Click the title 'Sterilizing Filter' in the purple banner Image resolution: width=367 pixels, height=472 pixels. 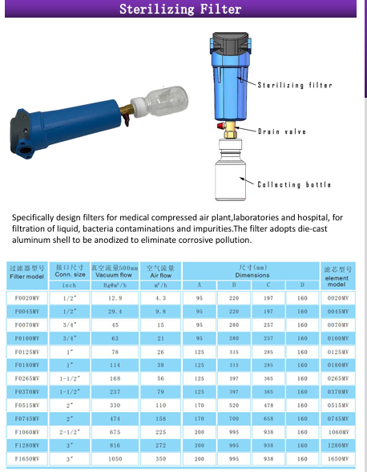(180, 9)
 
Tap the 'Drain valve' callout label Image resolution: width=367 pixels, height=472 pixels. (282, 131)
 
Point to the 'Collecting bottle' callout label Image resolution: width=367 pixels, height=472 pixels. (294, 184)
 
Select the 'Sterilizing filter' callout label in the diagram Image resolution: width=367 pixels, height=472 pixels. (295, 85)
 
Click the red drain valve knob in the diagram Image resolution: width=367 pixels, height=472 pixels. (221, 125)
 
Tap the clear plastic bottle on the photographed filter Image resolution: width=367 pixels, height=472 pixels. (165, 101)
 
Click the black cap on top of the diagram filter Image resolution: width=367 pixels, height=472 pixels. (230, 42)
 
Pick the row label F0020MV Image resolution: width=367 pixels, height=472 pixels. (27, 298)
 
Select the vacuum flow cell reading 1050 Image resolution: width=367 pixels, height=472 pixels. (115, 458)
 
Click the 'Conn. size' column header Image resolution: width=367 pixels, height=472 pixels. (70, 275)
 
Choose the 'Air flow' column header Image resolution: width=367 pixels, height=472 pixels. (161, 275)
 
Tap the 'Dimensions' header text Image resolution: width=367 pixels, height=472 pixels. (252, 275)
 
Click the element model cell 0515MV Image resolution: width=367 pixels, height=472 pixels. (338, 405)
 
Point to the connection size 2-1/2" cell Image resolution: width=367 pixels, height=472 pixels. (70, 432)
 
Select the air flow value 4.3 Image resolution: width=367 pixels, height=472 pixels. (161, 298)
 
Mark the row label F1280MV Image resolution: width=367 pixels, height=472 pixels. (27, 446)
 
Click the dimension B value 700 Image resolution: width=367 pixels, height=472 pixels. (234, 418)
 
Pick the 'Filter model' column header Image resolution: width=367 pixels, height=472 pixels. (26, 276)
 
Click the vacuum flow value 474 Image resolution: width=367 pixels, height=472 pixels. (115, 418)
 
